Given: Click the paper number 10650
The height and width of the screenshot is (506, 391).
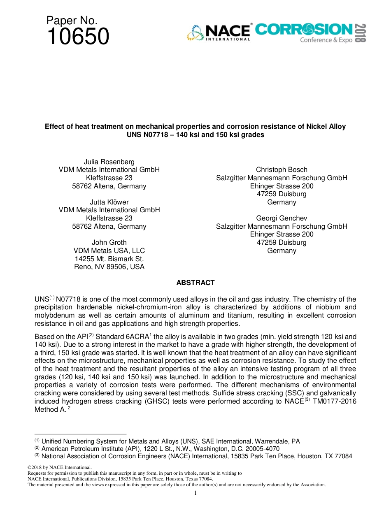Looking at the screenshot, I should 78,36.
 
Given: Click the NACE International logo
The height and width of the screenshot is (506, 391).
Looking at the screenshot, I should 219,32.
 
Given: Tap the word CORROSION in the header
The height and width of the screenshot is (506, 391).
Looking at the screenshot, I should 304,30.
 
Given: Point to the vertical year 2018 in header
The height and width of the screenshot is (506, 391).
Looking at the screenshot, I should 361,33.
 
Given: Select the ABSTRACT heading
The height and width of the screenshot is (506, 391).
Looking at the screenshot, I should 195,283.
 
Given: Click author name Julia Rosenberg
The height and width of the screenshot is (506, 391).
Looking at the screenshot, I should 109,162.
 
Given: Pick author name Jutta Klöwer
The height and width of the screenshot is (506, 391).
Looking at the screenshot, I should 109,202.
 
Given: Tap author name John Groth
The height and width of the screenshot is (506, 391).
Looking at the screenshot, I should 109,242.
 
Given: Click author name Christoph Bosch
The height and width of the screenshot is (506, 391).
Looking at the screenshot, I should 282,169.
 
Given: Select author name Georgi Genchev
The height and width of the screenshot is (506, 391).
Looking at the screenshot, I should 282,218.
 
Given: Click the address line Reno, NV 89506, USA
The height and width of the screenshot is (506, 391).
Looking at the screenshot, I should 109,267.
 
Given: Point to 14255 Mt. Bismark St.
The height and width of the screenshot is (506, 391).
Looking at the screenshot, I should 109,259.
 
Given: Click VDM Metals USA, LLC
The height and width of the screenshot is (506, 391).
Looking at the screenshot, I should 109,251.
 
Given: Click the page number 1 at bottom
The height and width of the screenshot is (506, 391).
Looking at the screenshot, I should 195,493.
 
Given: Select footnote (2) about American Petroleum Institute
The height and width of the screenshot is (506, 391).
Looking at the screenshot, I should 157,448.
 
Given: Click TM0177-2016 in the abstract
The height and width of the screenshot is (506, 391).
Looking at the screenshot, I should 334,402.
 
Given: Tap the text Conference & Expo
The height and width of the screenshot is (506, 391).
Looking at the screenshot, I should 326,40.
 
